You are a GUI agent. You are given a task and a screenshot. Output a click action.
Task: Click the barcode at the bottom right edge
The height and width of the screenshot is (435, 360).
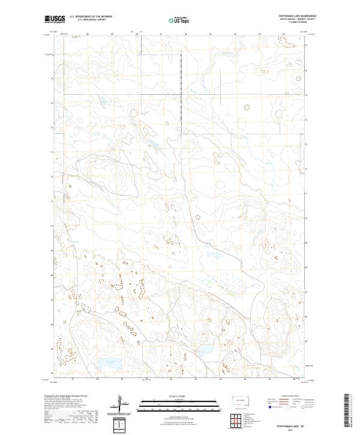pos(352,411)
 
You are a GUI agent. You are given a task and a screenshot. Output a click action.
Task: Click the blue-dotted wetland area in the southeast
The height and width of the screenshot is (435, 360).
pos(237,280)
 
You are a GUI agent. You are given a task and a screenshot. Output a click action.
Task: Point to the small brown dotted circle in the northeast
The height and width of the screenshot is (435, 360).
pos(247,107)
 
